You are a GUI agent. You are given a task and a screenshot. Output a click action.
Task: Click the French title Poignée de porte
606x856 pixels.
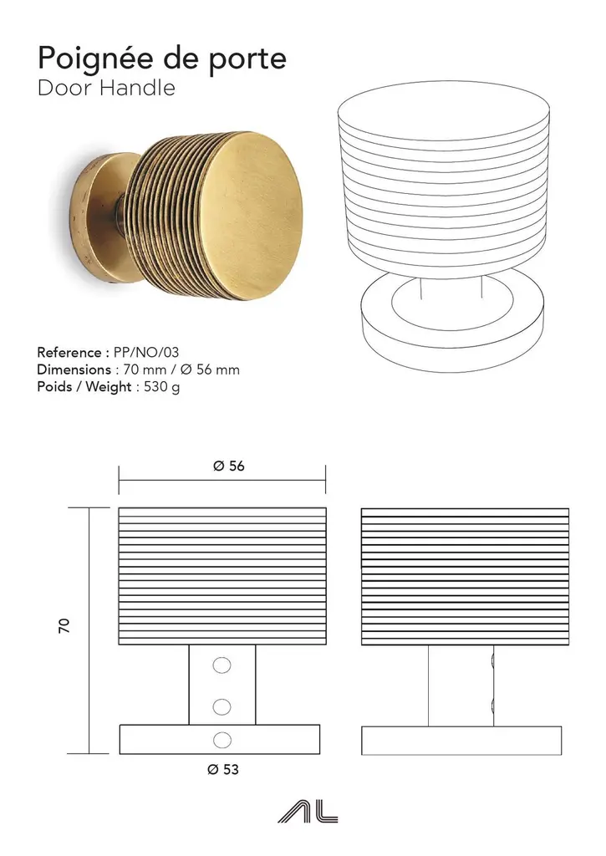[x=162, y=59]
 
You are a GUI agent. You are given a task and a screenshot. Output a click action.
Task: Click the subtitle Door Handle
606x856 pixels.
[x=106, y=88]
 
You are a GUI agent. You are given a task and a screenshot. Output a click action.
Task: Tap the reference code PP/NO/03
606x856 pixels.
[x=146, y=352]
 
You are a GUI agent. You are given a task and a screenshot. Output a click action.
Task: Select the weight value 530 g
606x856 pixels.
[x=162, y=387]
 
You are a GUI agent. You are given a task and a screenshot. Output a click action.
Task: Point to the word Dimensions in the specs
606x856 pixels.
[x=74, y=369]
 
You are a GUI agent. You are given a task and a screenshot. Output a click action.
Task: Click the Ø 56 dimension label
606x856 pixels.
[x=229, y=466]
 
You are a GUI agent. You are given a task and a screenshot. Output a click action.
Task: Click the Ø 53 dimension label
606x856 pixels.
[x=223, y=769]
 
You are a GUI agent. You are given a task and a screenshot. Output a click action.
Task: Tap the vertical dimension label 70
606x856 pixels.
[x=64, y=625]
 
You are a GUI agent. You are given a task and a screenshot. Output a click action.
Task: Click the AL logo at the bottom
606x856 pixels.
[x=308, y=813]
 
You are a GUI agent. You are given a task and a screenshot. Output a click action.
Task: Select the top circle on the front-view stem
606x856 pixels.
[x=222, y=665]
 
